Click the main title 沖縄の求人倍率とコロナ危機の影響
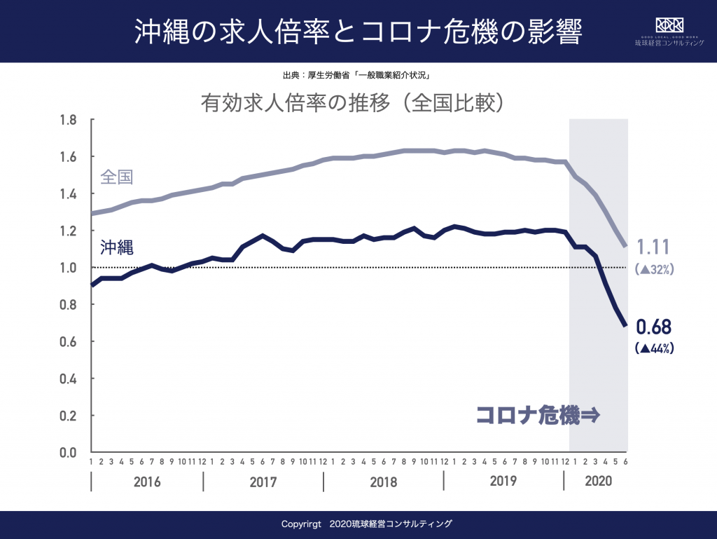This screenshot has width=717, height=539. pos(358,32)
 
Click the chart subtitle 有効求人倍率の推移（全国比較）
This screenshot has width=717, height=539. pos(353,103)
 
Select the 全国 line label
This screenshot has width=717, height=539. pos(116,177)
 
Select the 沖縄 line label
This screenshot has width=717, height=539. pos(116,247)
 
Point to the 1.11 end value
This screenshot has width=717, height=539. pos(653,247)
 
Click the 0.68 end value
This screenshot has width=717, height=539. pos(653,327)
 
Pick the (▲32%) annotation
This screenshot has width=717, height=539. pos(654,269)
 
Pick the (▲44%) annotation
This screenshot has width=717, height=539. pos(654,348)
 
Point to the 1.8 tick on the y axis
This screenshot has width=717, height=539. pos(67,120)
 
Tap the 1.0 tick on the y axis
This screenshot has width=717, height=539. pos(67,268)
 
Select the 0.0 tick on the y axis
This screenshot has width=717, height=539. pos(67,453)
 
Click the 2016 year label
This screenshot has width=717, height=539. pos(146,482)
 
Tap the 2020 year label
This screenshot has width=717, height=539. pos(597,482)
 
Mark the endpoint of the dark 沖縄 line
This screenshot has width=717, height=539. pos(625,325)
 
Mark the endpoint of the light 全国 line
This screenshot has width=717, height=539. pos(625,246)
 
